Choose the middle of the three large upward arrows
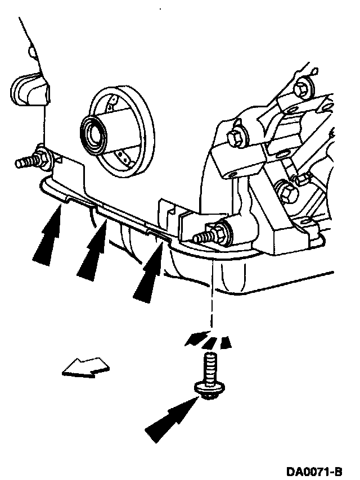[94, 248]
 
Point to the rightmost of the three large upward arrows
[150, 268]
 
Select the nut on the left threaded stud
[42, 157]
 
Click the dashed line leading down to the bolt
[211, 298]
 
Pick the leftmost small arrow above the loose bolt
[195, 338]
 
